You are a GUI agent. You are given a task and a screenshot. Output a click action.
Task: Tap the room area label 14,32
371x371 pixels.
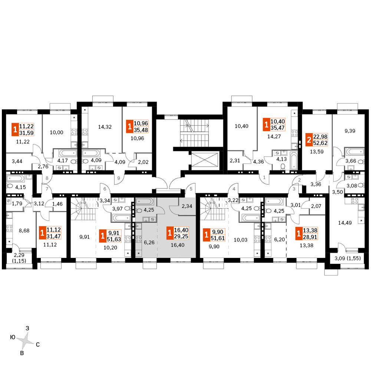(x=105, y=127)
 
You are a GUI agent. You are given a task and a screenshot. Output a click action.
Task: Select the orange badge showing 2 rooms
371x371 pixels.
(x=309, y=140)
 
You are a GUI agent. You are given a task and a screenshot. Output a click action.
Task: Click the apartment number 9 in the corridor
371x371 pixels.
(x=119, y=178)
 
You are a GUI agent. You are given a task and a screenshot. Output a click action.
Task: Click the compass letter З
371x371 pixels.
(x=27, y=328)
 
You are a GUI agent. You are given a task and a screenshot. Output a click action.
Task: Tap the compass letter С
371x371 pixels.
(x=37, y=345)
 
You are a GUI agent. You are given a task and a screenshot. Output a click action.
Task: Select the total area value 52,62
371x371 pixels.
(x=320, y=143)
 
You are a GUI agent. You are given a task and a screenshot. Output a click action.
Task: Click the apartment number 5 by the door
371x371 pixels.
(x=191, y=189)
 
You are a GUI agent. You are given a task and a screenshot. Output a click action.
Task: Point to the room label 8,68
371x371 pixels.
(x=24, y=230)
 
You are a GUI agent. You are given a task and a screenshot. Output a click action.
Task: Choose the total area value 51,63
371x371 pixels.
(x=114, y=239)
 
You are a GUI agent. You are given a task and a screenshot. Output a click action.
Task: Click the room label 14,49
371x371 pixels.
(x=345, y=223)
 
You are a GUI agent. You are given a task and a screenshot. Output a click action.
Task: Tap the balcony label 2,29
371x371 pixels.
(x=19, y=255)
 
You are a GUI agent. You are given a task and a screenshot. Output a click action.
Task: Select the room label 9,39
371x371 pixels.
(x=350, y=131)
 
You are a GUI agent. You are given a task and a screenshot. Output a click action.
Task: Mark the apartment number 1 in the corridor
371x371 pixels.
(x=264, y=177)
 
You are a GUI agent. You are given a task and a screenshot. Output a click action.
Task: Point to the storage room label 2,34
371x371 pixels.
(x=187, y=206)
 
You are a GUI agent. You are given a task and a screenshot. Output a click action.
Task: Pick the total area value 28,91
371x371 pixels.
(x=310, y=237)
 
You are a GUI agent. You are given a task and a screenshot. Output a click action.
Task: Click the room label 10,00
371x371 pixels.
(x=56, y=132)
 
